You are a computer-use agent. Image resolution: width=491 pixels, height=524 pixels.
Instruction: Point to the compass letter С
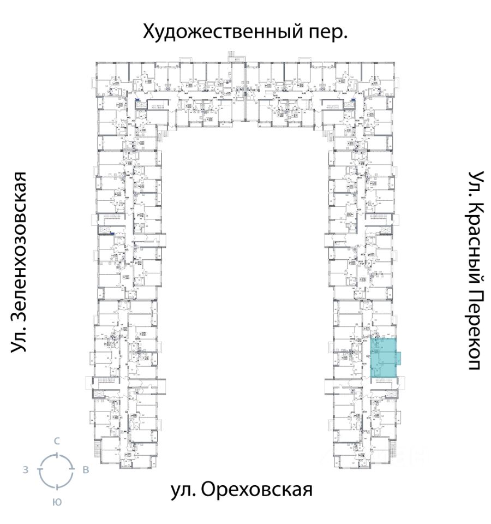coord(56,441)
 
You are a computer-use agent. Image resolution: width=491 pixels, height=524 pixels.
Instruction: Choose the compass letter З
coord(26,469)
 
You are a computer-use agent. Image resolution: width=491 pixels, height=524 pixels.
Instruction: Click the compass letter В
coord(86,470)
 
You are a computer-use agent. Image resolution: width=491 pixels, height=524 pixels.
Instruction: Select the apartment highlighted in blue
coord(383,358)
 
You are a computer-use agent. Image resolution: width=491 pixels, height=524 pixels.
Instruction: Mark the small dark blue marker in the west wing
coord(112,234)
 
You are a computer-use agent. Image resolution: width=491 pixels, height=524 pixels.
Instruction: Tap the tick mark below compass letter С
coord(56,454)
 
